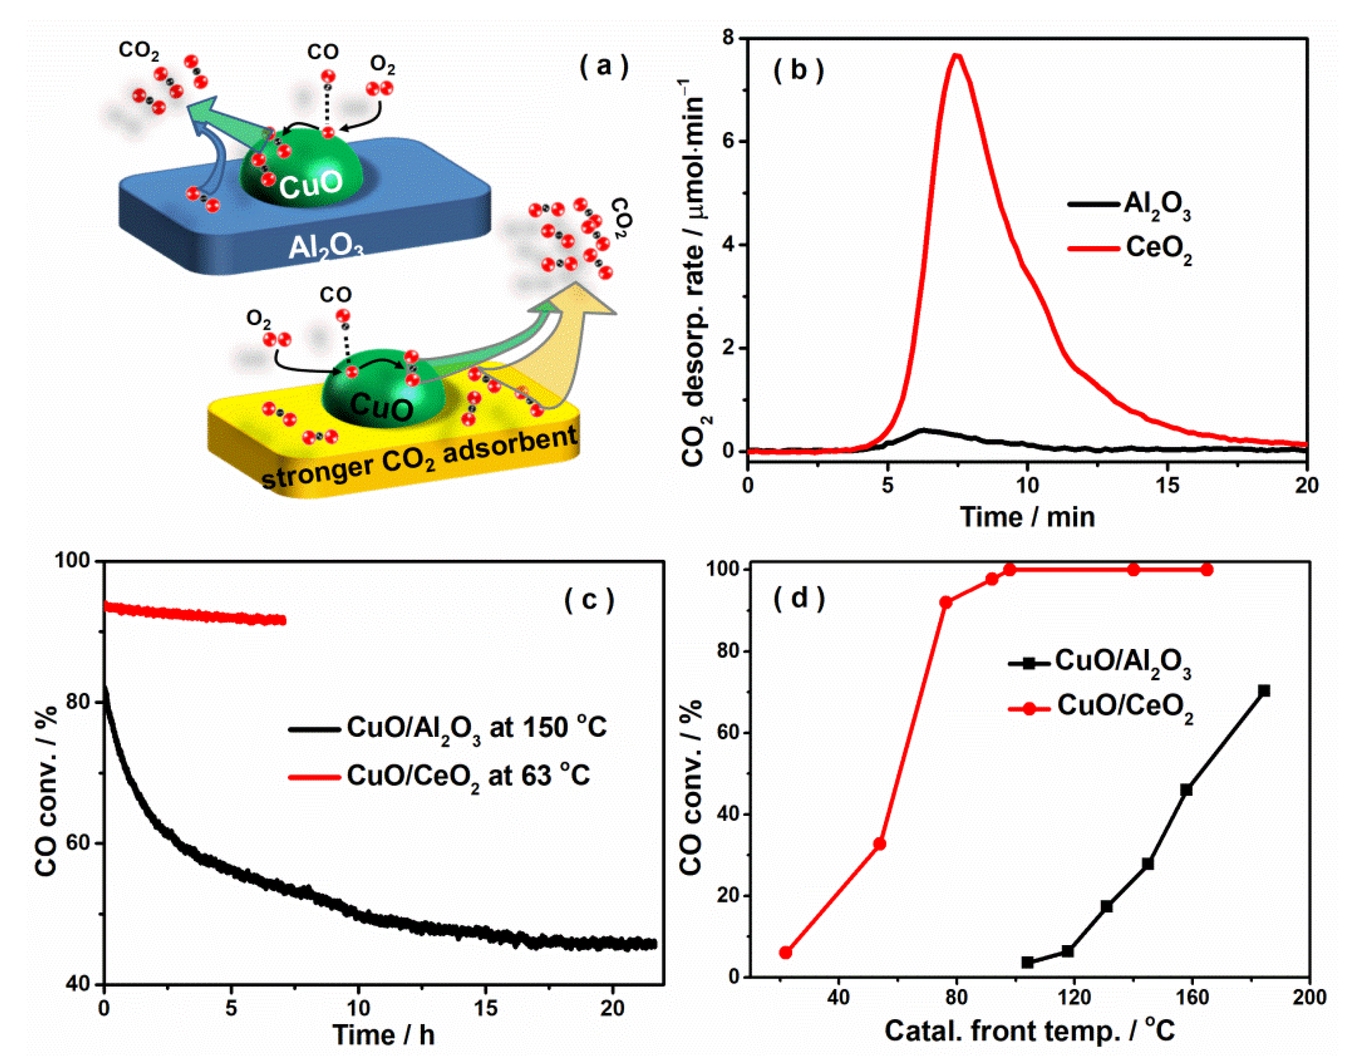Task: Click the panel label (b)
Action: click(x=798, y=71)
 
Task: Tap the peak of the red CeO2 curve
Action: click(x=957, y=56)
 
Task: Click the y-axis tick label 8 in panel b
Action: click(x=727, y=39)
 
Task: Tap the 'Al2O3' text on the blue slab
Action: click(x=325, y=247)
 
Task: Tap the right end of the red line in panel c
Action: click(x=284, y=620)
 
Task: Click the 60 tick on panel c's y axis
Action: click(x=81, y=843)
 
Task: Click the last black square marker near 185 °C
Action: click(x=1264, y=691)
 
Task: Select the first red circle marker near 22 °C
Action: click(x=785, y=953)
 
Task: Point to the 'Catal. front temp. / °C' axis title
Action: click(x=1029, y=1031)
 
